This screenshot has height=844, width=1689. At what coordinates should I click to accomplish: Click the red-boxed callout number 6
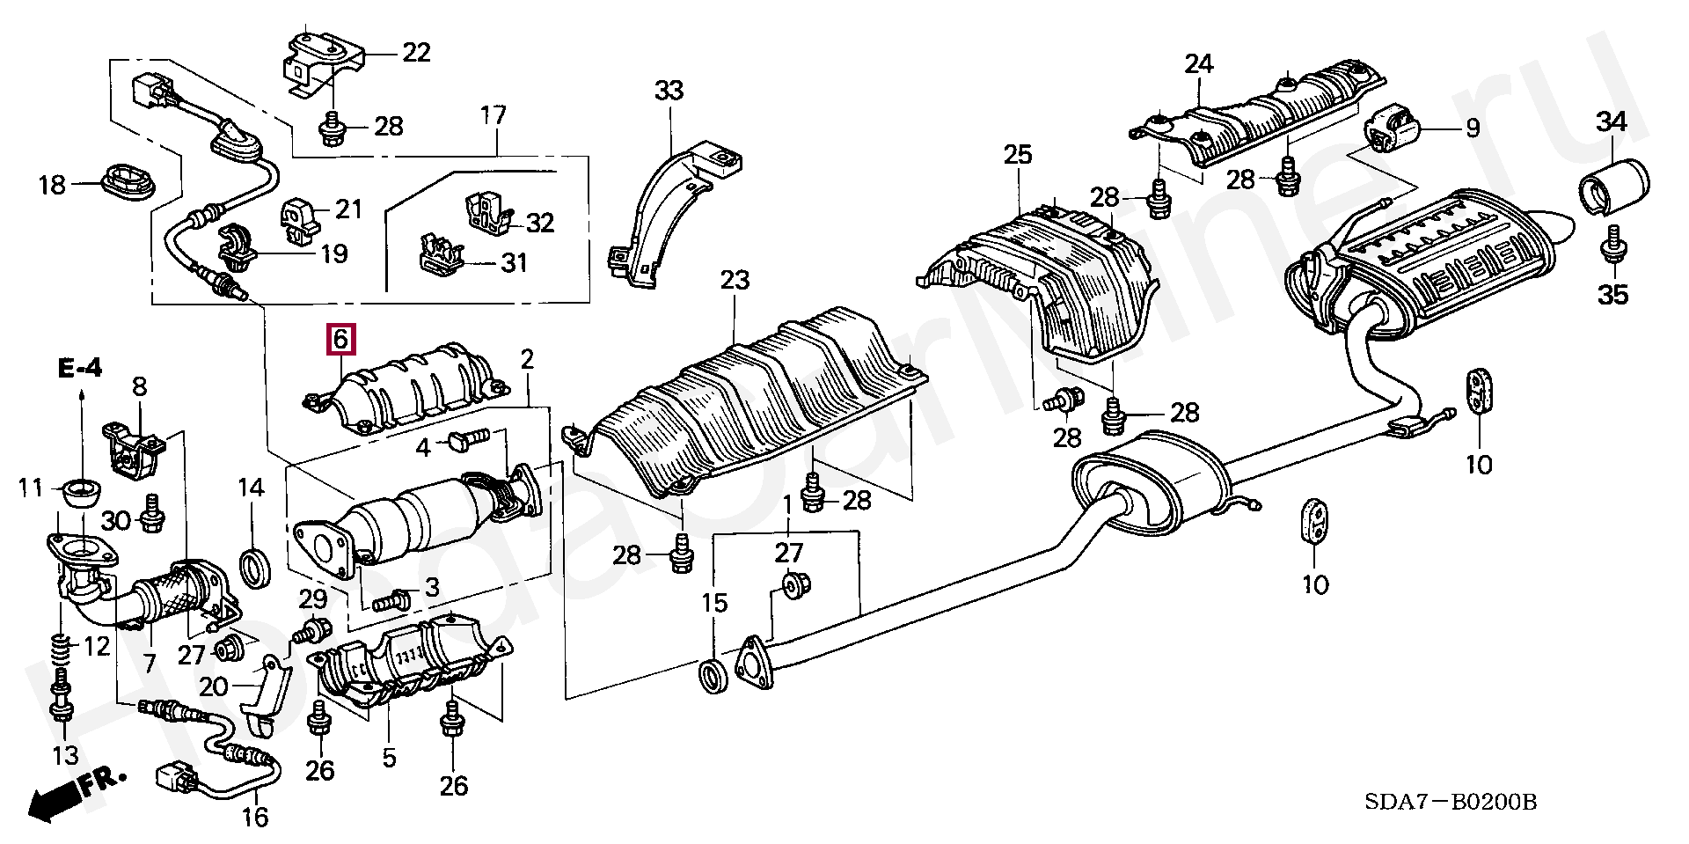click(x=340, y=339)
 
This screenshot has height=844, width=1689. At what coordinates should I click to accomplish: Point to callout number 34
click(x=1612, y=122)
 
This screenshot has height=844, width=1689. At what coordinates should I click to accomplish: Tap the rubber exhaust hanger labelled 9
click(x=1391, y=128)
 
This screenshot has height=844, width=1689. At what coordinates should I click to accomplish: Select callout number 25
click(x=1017, y=155)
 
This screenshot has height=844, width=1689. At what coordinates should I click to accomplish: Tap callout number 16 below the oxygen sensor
click(x=255, y=817)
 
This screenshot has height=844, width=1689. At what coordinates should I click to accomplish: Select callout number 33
click(x=669, y=90)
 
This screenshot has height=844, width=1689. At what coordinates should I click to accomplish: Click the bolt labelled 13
click(x=62, y=705)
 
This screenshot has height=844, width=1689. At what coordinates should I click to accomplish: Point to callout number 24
click(x=1198, y=63)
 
